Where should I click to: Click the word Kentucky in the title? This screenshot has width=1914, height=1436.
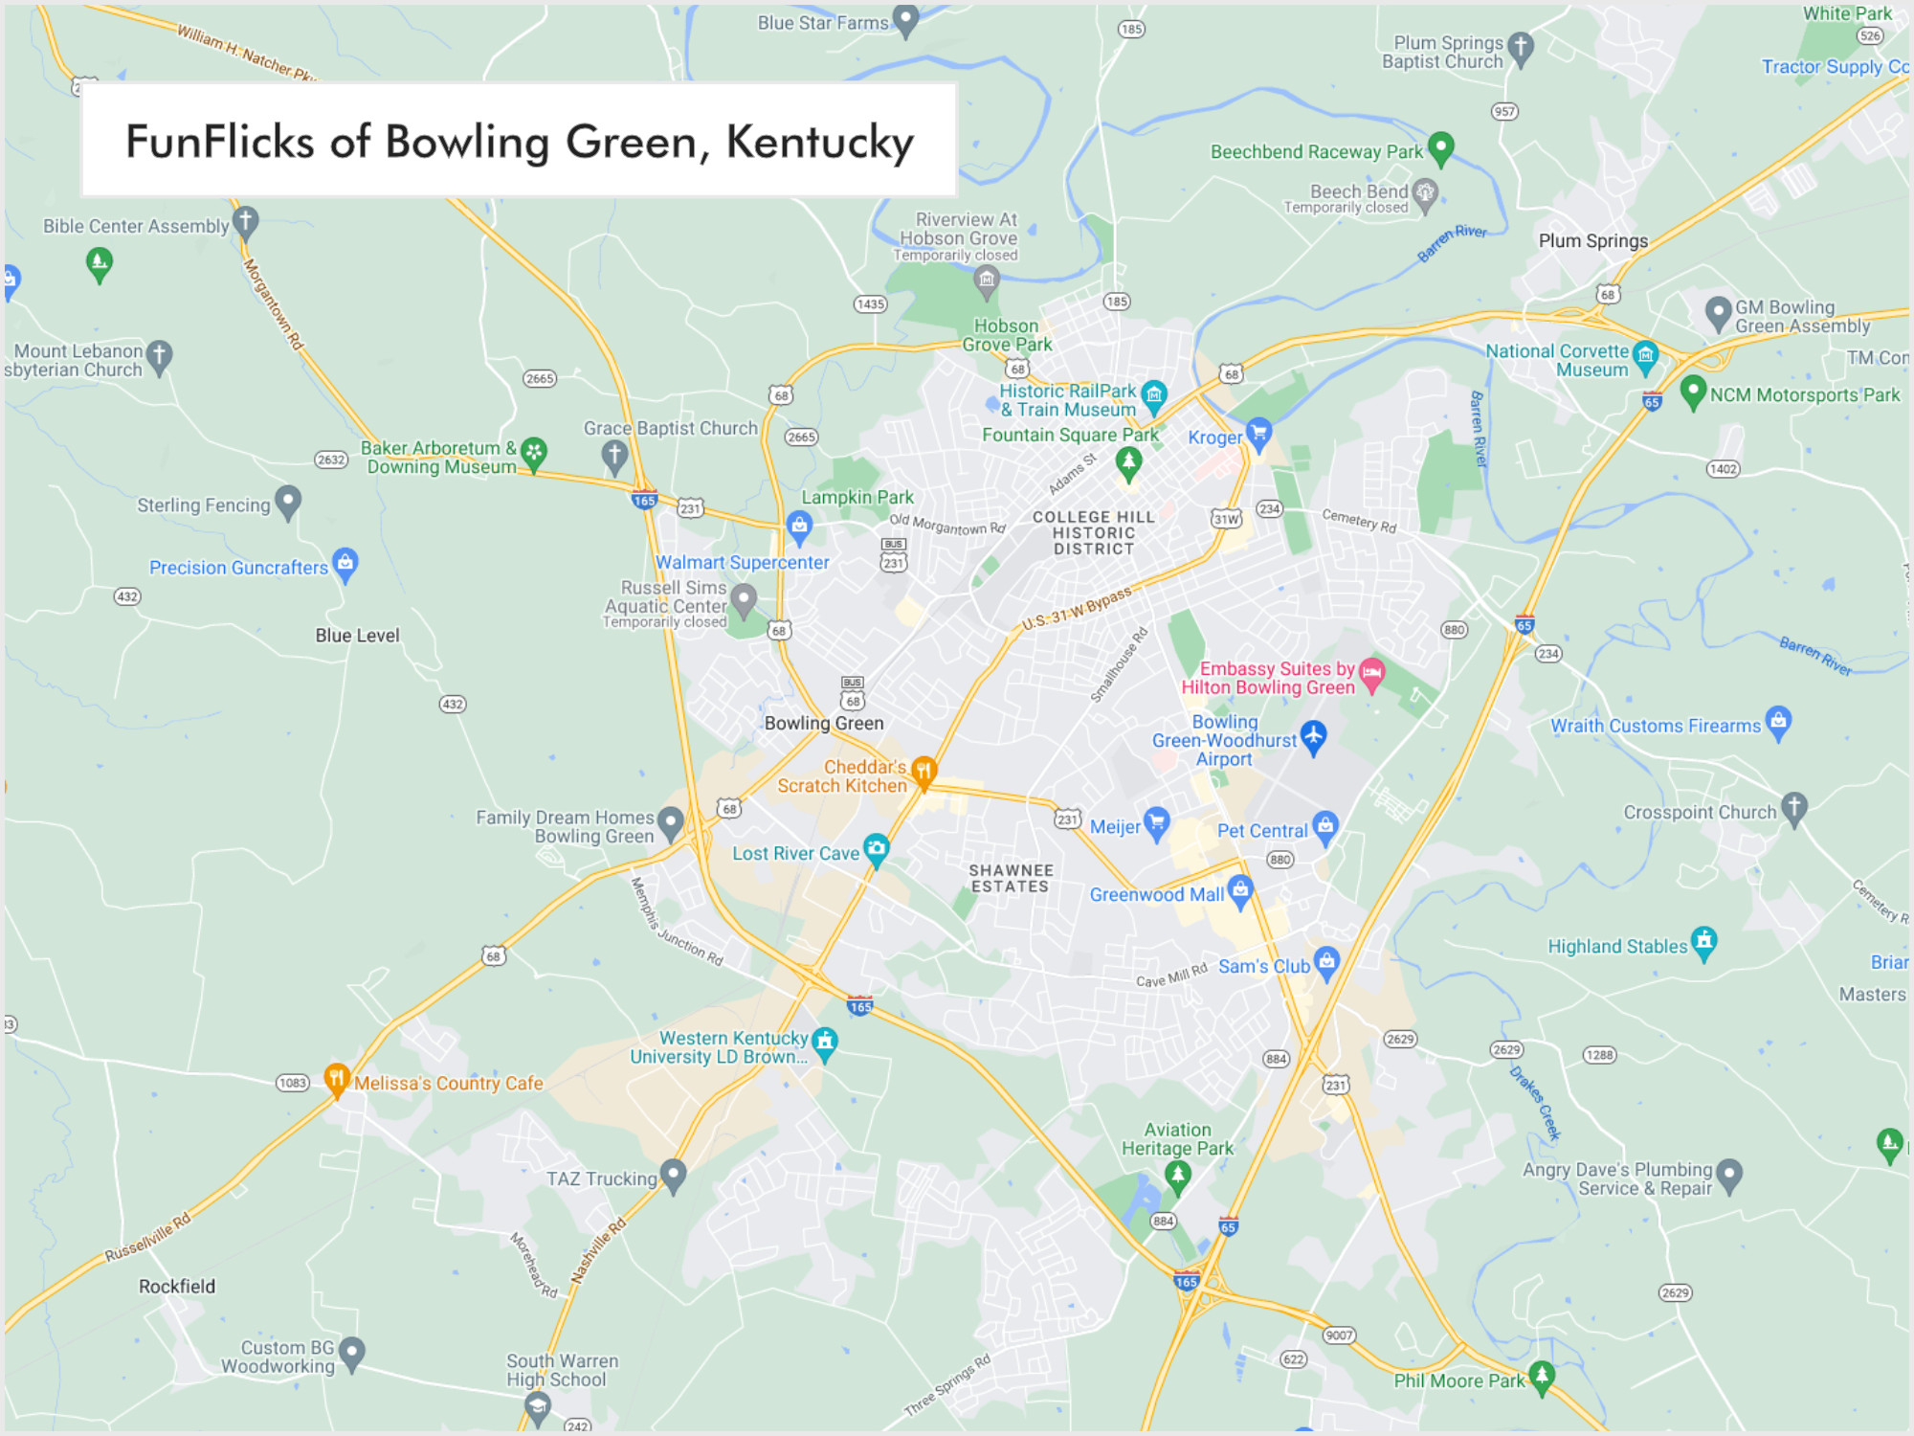819,143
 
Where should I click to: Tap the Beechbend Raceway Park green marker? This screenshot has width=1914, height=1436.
1440,147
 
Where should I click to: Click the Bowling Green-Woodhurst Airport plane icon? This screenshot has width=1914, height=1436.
1313,736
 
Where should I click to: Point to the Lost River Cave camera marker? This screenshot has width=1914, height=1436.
876,848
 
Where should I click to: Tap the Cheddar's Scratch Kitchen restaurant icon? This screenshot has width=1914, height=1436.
924,771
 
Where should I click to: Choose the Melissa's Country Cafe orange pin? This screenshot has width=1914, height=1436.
336,1079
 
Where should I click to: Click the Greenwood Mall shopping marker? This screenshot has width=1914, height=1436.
1240,890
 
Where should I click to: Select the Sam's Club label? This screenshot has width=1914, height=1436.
1263,967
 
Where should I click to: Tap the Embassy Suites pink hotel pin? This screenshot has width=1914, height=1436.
1371,673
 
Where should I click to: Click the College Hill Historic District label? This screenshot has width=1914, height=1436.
1094,532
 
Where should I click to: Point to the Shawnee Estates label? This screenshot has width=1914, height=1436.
1011,878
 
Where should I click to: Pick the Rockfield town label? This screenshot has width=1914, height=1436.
177,1287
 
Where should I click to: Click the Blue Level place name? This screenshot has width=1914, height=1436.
357,636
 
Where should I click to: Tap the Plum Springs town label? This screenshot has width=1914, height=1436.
1593,241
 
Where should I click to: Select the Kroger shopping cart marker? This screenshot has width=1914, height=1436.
1258,433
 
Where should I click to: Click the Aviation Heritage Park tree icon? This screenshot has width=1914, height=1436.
1178,1175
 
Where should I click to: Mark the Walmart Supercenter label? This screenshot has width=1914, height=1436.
742,563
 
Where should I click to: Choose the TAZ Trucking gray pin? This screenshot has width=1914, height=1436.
673,1174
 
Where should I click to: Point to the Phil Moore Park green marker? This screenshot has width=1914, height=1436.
1541,1377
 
